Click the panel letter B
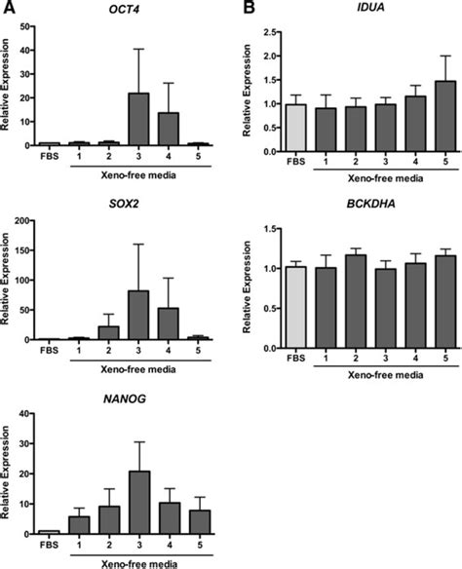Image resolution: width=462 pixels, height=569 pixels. [249, 9]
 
